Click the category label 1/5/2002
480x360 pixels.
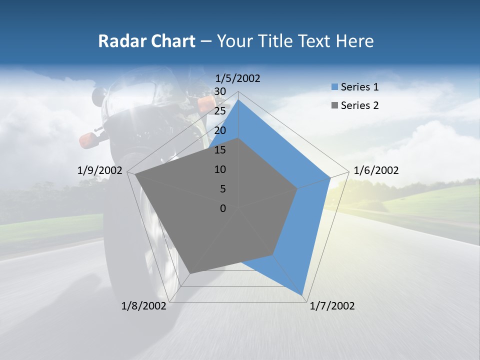[x=238, y=78]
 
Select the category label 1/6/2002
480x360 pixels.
[x=376, y=170]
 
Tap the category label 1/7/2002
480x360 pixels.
[x=332, y=306]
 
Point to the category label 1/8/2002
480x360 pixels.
[x=144, y=306]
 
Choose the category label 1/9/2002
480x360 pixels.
[x=100, y=170]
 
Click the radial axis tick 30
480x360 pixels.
[x=220, y=91]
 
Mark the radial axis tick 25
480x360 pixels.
[x=220, y=111]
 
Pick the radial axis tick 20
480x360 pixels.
[x=220, y=130]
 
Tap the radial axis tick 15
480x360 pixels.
[x=220, y=150]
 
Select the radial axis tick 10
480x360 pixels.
[x=220, y=169]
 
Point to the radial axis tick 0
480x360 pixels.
[x=223, y=208]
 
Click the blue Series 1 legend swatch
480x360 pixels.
[x=335, y=87]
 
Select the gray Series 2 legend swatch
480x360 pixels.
[x=335, y=105]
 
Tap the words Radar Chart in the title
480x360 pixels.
[x=146, y=41]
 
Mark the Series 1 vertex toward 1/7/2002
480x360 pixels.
[x=302, y=294]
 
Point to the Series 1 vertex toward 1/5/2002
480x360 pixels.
[x=238, y=99]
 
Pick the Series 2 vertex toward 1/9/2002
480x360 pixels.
[x=135, y=174]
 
